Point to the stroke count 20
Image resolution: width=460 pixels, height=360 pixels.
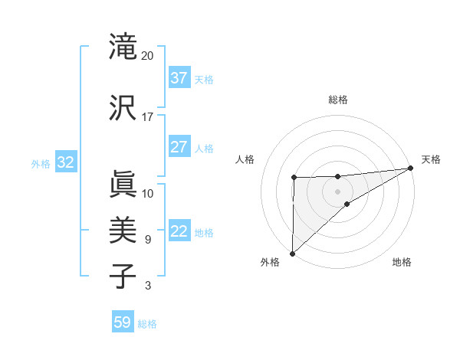point(148,56)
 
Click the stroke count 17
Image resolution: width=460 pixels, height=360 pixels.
point(148,117)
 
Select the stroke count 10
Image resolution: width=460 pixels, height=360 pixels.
point(148,194)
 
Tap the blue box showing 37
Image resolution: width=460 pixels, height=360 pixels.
point(179,77)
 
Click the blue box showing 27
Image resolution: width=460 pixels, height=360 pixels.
point(179,146)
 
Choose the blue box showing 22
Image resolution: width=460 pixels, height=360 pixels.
point(179,231)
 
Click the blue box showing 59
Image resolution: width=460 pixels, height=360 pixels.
point(123,322)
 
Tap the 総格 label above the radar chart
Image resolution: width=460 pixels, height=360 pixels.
point(338,100)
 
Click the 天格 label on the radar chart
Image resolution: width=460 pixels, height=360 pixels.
point(431,159)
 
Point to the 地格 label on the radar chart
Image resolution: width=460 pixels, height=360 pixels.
point(402,263)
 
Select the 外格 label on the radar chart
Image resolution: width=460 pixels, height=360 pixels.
point(270,263)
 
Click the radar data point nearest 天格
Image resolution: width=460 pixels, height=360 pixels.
point(411,168)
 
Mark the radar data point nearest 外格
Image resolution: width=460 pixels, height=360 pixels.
point(292,253)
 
